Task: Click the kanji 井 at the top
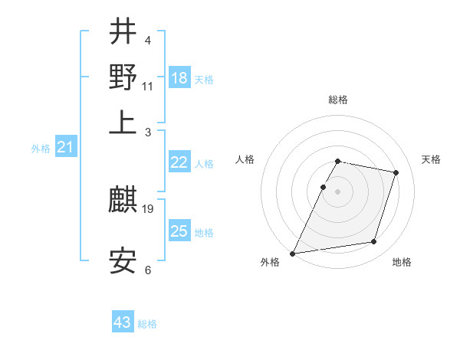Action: [x=123, y=32]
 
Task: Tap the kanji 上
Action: [x=123, y=123]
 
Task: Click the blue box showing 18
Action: [x=179, y=78]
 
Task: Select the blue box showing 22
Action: [x=179, y=162]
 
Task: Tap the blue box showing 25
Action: [x=179, y=231]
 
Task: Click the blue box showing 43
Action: [x=123, y=322]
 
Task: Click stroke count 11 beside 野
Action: [x=148, y=86]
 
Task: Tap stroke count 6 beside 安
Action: [x=148, y=270]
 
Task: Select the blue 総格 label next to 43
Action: [x=147, y=324]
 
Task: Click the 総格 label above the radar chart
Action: [x=338, y=100]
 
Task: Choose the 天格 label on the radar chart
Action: [x=431, y=159]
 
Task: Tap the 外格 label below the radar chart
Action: [x=270, y=263]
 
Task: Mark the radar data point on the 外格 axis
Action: [x=293, y=253]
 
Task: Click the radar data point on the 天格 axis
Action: [x=396, y=172]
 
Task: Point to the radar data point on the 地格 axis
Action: [x=374, y=242]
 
